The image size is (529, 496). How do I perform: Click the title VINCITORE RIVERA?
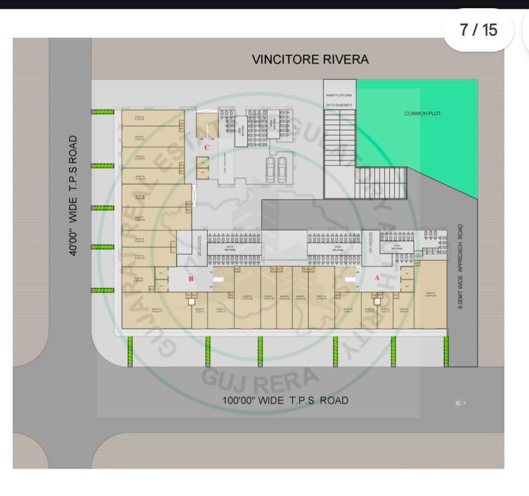[310, 59]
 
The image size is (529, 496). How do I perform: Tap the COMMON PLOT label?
[423, 114]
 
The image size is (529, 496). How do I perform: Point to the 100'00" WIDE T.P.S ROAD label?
[285, 400]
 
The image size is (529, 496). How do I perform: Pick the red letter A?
[377, 278]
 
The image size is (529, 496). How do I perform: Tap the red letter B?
[191, 279]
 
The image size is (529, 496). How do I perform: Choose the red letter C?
[207, 147]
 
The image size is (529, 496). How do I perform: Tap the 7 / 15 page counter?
[478, 30]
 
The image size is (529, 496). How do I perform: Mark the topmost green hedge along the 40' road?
[102, 112]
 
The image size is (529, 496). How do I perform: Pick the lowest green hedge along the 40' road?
[102, 290]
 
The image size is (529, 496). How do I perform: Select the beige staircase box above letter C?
[207, 122]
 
